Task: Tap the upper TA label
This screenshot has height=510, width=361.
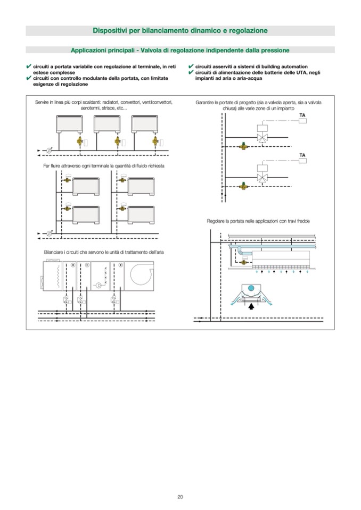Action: coord(302,115)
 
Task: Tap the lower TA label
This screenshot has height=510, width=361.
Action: coord(302,155)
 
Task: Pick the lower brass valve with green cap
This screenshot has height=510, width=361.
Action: coord(244,184)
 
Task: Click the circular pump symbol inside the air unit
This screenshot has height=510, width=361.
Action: coord(99,286)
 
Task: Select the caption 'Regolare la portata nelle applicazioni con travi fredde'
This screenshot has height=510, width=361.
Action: coord(258,221)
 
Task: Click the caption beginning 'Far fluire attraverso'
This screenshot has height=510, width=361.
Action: coord(104,166)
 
